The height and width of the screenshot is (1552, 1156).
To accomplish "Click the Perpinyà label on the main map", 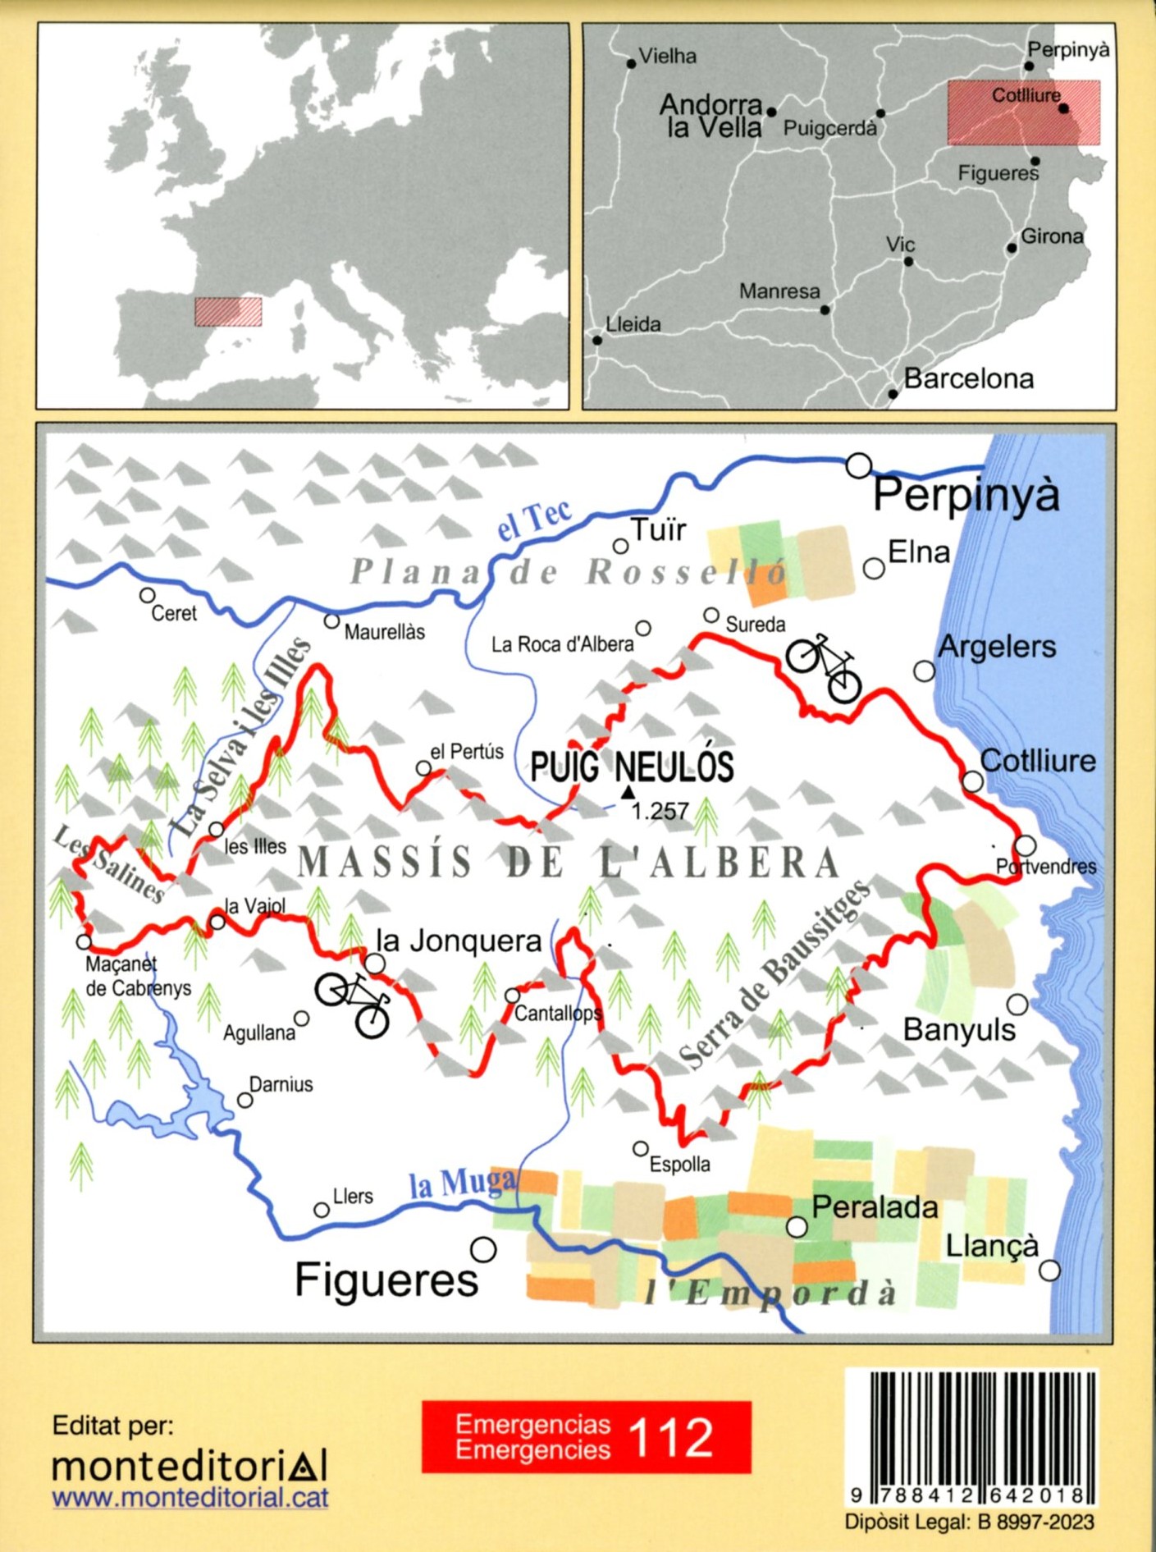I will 966,495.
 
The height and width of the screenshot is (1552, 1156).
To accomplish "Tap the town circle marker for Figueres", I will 483,1250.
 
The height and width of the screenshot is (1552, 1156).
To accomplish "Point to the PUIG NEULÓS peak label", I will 632,767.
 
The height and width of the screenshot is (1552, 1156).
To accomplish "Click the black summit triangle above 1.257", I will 628,792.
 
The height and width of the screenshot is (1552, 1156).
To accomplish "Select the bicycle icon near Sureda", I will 824,667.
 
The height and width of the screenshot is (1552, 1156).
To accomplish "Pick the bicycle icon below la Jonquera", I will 353,1003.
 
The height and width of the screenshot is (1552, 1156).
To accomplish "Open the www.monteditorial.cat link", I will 190,1497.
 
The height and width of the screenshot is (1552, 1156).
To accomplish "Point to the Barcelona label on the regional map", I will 968,379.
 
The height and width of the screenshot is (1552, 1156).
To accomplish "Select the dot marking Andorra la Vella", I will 771,112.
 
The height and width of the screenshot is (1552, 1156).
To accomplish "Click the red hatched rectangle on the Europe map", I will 228,312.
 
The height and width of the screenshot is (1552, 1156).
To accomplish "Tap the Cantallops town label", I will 558,1014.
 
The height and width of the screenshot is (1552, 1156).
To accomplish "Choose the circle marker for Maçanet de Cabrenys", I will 84,941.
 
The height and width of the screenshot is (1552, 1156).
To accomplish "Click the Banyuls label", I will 958,1030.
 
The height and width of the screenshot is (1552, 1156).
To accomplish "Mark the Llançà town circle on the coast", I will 1049,1270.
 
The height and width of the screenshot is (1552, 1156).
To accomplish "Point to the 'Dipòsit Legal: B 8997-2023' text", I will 969,1522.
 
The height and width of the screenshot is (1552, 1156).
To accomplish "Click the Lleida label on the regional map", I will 633,324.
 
